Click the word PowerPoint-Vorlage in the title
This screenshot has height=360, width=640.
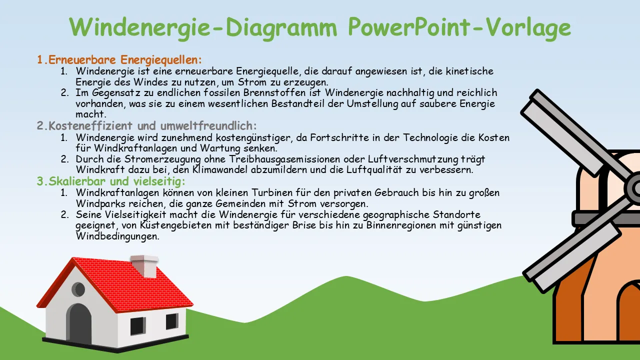click(x=459, y=27)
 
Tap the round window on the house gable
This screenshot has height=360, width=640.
click(x=78, y=289)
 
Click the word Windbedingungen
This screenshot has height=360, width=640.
click(x=117, y=236)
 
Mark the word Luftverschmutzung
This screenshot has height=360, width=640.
click(x=412, y=159)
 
